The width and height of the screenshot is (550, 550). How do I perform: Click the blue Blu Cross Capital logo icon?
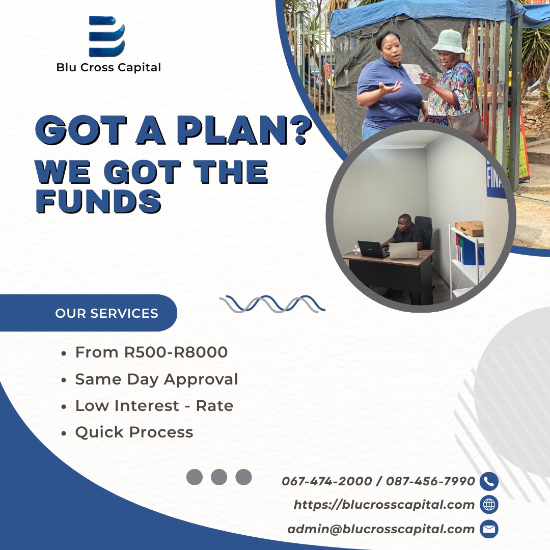coord(107,36)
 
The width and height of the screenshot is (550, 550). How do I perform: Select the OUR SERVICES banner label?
coord(106,313)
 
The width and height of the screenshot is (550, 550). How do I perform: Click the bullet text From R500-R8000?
coord(151,352)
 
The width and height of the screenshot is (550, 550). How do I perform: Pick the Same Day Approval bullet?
coord(156,379)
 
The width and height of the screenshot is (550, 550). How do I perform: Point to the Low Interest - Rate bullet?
coord(154,406)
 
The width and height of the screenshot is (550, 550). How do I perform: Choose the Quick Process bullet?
coord(134,432)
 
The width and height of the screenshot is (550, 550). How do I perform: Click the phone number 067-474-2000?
coord(326,481)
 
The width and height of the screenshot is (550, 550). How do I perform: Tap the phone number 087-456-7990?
coord(430,481)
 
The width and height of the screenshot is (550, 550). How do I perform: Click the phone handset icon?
coord(489,481)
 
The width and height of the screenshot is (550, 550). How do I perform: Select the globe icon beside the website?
coord(489,505)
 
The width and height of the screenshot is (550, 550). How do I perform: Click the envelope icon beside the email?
coord(489,529)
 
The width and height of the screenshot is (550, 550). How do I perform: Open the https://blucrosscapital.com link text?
coord(384,505)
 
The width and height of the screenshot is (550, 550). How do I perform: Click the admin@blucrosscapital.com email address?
coord(381,529)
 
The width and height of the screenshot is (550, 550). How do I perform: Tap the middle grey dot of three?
coord(219,477)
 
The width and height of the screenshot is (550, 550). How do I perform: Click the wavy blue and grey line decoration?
coord(272,304)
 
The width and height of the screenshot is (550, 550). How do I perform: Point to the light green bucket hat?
coord(448,41)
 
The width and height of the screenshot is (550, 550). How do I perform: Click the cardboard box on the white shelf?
coord(470,228)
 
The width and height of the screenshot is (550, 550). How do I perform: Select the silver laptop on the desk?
coord(403,250)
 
